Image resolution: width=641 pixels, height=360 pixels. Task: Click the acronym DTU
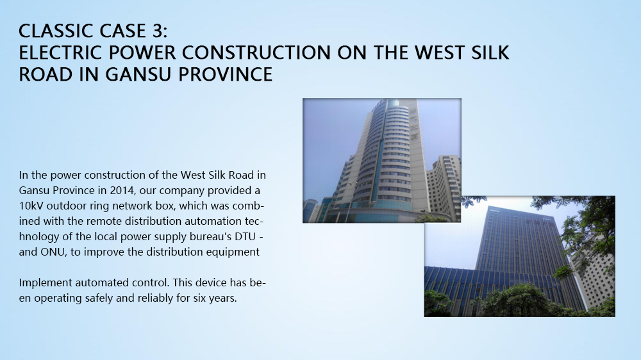tap(245, 236)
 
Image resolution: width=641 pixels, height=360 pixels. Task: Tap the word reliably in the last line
tap(154, 299)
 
